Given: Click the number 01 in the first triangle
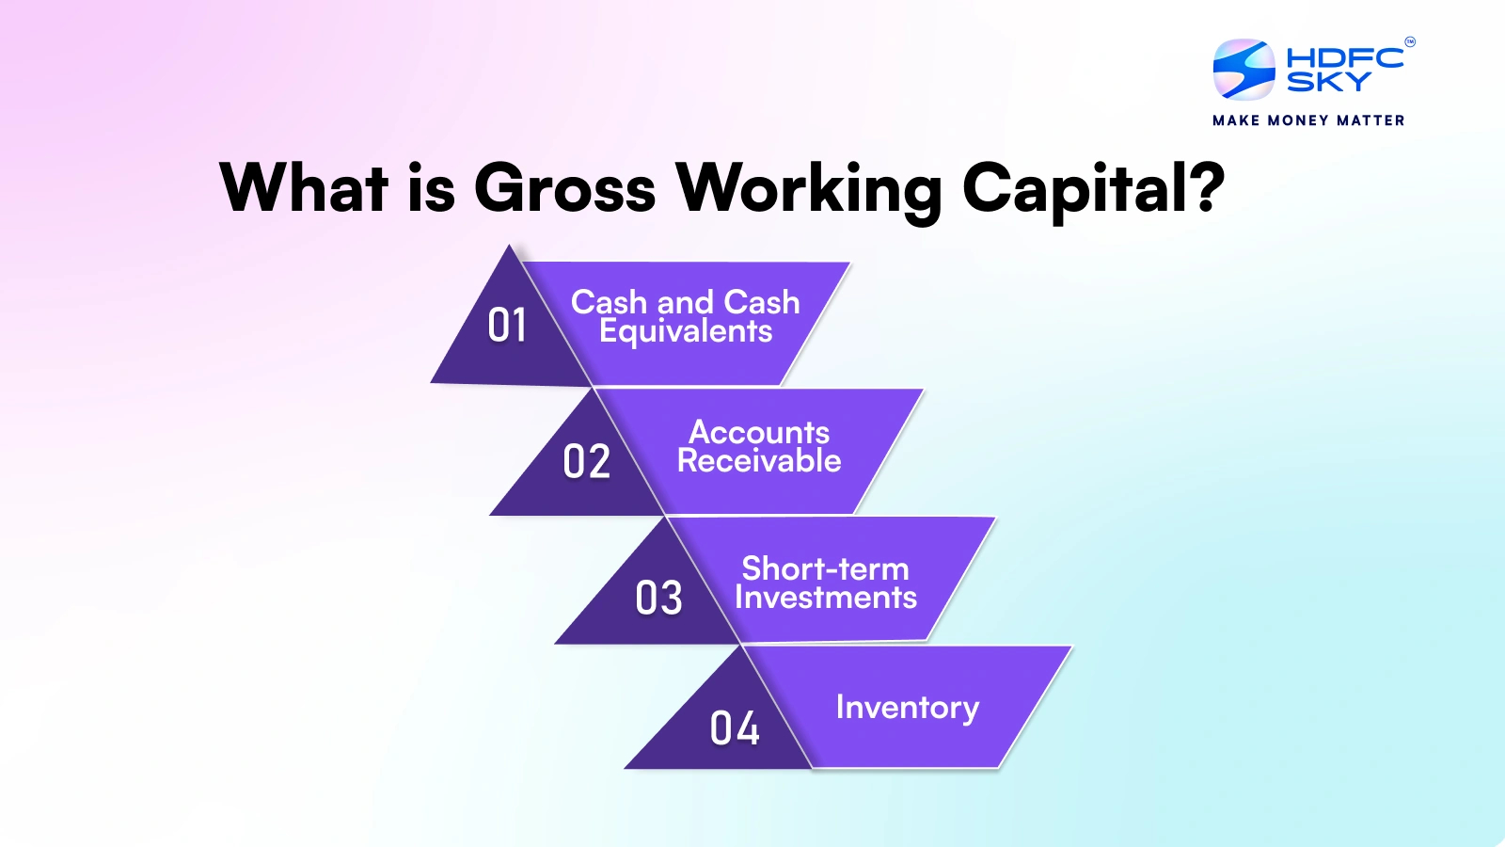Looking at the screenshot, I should [x=507, y=326].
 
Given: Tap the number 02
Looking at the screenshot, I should [x=586, y=462].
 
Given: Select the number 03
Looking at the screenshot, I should [x=658, y=599].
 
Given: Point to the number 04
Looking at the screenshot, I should [x=734, y=728].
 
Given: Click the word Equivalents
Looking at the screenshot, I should [x=686, y=331].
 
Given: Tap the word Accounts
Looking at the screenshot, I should [x=759, y=432].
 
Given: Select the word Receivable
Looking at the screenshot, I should [x=759, y=461].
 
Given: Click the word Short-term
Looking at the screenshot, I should [x=825, y=568].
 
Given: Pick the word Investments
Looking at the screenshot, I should [x=825, y=598].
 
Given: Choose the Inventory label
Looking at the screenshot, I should [x=907, y=707].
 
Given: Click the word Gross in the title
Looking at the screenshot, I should [x=564, y=188].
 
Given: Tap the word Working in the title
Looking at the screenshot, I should [x=809, y=188].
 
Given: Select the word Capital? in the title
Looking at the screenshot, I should [x=1093, y=188].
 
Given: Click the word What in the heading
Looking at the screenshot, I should [x=304, y=188].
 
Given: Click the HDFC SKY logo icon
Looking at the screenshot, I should [x=1244, y=70].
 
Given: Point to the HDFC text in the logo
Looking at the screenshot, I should [x=1344, y=57].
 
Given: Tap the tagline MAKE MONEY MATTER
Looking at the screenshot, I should [x=1308, y=120].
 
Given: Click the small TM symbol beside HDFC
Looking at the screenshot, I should [x=1409, y=41].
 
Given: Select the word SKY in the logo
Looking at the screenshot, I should [x=1328, y=83].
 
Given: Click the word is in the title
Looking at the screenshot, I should [x=431, y=188].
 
